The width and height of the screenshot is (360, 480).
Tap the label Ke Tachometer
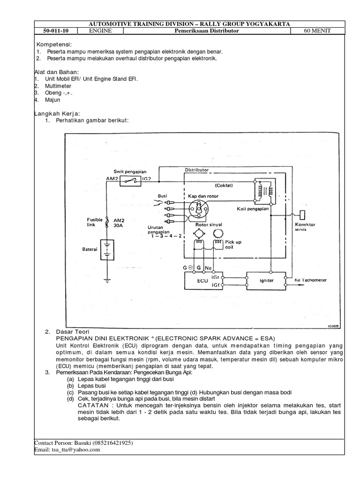point(311,280)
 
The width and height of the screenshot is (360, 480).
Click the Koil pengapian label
point(253,209)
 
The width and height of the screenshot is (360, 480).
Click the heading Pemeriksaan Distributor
point(213,31)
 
